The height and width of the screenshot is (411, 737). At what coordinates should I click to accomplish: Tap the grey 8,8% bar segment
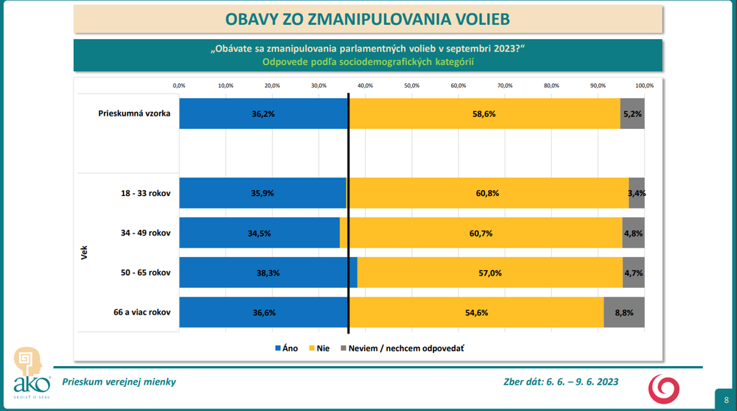[624, 312]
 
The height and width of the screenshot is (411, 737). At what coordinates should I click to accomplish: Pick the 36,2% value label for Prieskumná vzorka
[263, 114]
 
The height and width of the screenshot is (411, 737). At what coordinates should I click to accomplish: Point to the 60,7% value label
[480, 233]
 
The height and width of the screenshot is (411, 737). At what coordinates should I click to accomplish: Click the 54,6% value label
[475, 312]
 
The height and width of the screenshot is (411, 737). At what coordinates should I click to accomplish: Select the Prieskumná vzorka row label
[134, 114]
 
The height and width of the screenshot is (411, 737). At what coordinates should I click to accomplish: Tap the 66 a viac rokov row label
[140, 312]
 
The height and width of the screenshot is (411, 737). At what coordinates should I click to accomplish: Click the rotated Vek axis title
[84, 253]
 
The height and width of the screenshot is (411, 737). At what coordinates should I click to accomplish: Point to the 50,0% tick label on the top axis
[411, 85]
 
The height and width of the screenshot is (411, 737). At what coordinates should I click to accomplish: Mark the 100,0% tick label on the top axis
[643, 85]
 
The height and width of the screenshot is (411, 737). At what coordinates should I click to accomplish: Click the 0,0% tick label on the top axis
[179, 85]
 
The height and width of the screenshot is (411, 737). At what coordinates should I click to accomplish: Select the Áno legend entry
[286, 348]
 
